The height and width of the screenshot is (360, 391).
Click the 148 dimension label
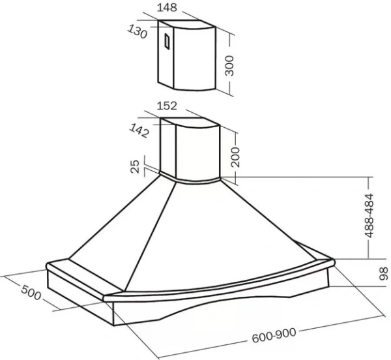click(x=167, y=7)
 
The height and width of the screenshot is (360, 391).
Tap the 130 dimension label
click(x=138, y=32)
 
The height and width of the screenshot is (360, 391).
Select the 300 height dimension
click(x=229, y=66)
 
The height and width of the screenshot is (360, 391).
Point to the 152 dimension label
click(x=167, y=106)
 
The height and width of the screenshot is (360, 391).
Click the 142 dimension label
click(x=139, y=130)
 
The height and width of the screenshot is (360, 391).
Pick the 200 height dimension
click(x=235, y=157)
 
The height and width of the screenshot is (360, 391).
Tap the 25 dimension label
click(x=135, y=166)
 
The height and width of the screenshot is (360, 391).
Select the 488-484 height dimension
click(x=369, y=216)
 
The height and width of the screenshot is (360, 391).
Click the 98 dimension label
click(x=384, y=274)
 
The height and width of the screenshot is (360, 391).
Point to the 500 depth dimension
click(x=31, y=292)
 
